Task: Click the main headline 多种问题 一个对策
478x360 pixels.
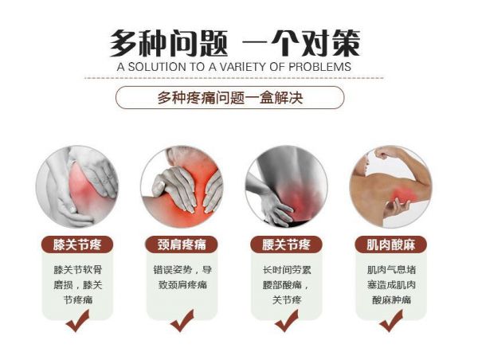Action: click(235, 43)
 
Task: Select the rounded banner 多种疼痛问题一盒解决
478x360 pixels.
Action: click(230, 97)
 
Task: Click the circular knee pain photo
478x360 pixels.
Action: click(77, 186)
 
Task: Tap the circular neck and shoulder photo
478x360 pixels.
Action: click(182, 186)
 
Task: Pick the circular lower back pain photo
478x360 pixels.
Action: click(286, 186)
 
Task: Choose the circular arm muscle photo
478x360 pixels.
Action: click(391, 186)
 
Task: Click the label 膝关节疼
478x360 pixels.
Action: click(77, 245)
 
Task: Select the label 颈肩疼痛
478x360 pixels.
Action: click(182, 245)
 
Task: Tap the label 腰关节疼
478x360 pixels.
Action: click(286, 245)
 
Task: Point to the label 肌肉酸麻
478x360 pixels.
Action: click(391, 245)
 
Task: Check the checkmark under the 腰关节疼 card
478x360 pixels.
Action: click(286, 322)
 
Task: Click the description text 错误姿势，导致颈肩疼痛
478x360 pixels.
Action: click(182, 277)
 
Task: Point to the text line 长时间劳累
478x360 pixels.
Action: click(287, 270)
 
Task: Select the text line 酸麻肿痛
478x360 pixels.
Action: click(391, 300)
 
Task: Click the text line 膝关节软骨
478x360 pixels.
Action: click(78, 270)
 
